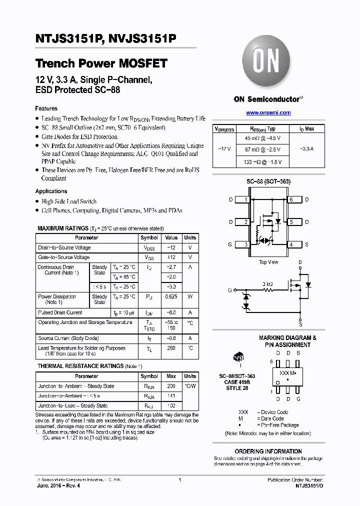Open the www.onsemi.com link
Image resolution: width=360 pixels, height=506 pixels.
(x=268, y=112)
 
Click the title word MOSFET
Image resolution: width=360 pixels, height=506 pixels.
(x=142, y=64)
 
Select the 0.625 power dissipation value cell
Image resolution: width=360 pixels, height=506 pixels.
(x=171, y=296)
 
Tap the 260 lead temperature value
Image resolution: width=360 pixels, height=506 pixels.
(x=171, y=348)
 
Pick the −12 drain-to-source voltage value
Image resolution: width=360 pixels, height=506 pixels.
(x=171, y=247)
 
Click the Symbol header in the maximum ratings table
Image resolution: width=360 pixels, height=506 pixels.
(x=149, y=238)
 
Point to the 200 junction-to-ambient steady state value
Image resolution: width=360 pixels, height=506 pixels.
(x=171, y=386)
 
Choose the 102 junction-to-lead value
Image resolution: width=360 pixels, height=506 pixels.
(x=171, y=406)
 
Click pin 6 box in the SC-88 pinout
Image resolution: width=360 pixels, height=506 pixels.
(x=291, y=199)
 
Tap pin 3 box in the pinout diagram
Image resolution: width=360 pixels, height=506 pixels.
(x=246, y=244)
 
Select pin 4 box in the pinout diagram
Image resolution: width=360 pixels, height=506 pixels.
(x=291, y=244)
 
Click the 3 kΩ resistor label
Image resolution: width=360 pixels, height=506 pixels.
(x=267, y=283)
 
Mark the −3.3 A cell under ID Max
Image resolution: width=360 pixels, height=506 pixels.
(x=306, y=149)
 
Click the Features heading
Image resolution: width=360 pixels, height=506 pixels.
(x=46, y=108)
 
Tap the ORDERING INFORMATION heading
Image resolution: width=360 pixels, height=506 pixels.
(x=268, y=451)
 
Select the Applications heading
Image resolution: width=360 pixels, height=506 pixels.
(x=51, y=191)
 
